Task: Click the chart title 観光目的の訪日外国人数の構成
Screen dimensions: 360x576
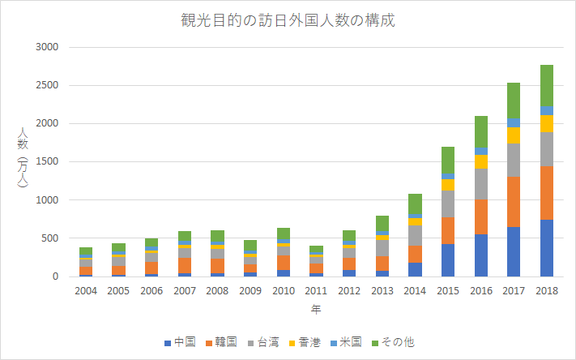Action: point(288,20)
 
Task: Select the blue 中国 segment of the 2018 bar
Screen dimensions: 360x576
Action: point(547,247)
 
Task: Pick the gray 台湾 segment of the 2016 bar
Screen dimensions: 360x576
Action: point(481,183)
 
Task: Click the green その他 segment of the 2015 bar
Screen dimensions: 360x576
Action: point(448,161)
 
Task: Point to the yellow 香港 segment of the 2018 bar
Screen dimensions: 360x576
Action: point(547,123)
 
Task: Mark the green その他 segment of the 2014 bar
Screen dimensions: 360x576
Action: point(415,204)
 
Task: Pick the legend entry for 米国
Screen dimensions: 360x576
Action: point(346,342)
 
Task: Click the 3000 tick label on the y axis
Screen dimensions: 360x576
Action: point(48,48)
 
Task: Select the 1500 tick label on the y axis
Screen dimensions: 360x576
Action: point(48,162)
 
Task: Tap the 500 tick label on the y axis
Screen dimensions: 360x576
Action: point(51,238)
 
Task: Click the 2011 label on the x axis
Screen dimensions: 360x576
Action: point(316,290)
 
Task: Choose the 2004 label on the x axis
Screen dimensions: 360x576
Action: point(85,290)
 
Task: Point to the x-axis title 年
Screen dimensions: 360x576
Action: point(316,309)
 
